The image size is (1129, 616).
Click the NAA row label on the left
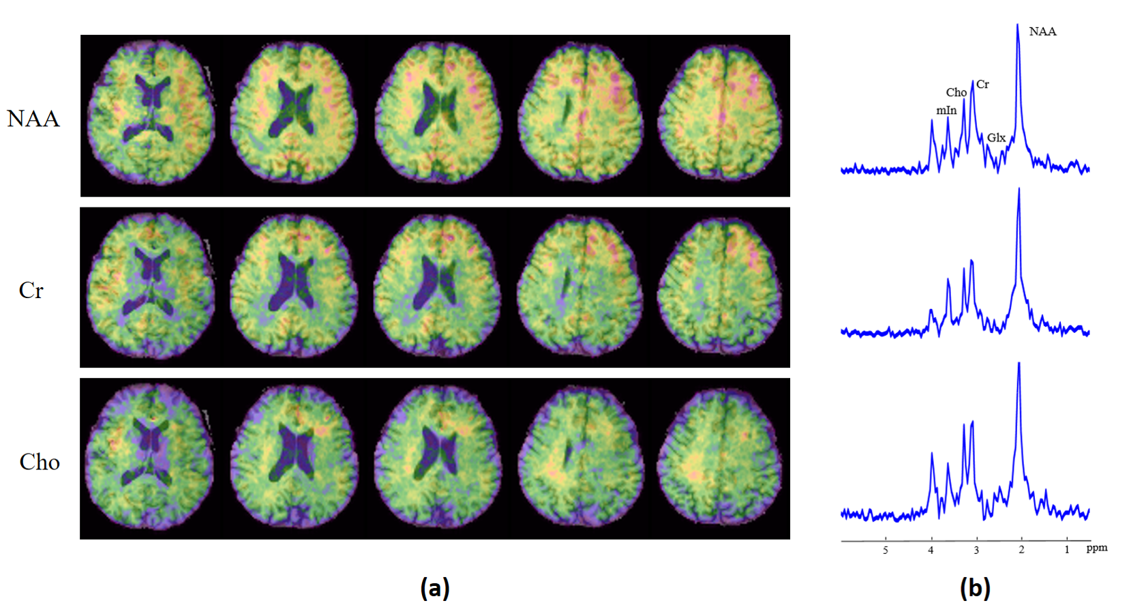[33, 119]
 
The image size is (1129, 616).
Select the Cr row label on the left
[31, 291]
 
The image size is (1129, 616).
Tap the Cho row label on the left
[40, 463]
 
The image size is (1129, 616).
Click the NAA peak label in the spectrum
[1042, 31]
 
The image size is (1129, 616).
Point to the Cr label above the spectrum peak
[982, 85]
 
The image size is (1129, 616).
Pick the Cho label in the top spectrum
[956, 92]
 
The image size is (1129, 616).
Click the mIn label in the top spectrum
[946, 110]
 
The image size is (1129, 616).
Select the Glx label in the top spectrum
[996, 138]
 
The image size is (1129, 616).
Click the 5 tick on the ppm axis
[886, 550]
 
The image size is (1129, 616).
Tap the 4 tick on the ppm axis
[931, 550]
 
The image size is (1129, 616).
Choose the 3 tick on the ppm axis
[976, 550]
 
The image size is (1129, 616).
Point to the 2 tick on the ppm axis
[1021, 550]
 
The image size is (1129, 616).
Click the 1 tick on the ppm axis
[1067, 550]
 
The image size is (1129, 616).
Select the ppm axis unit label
[1096, 548]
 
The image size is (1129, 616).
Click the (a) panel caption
[435, 587]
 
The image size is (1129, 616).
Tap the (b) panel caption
[975, 587]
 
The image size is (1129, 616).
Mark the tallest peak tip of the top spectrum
[1018, 25]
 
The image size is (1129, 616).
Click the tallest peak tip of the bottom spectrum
[1019, 363]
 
